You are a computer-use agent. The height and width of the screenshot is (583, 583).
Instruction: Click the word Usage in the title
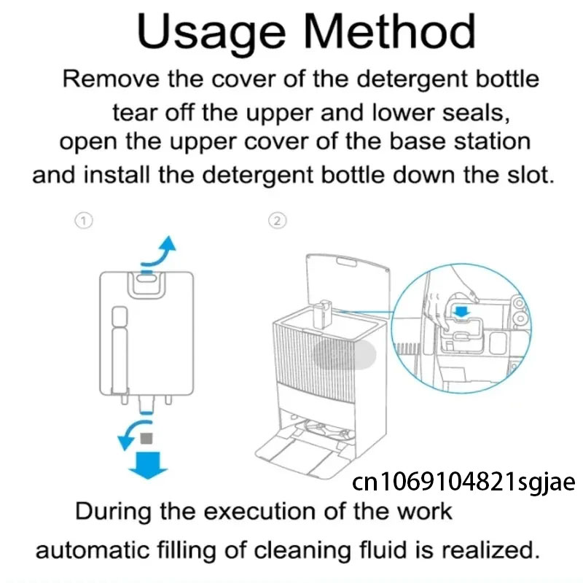(211, 34)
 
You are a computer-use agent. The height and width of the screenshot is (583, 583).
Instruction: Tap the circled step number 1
(84, 221)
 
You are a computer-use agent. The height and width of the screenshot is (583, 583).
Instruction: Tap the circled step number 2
(278, 221)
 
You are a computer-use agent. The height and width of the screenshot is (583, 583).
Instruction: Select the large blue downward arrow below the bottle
(148, 465)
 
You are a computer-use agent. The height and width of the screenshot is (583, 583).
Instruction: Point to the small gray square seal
(146, 438)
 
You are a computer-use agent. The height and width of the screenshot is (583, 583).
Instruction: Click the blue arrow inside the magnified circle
(462, 312)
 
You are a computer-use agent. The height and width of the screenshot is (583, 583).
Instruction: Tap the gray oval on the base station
(344, 354)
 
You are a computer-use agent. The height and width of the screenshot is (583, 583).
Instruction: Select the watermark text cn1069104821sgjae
(463, 482)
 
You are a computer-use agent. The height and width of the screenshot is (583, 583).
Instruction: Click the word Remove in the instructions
(111, 79)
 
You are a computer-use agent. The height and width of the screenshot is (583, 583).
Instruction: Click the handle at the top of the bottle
(146, 285)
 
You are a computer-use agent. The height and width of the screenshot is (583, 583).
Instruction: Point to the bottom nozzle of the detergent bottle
(146, 404)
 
